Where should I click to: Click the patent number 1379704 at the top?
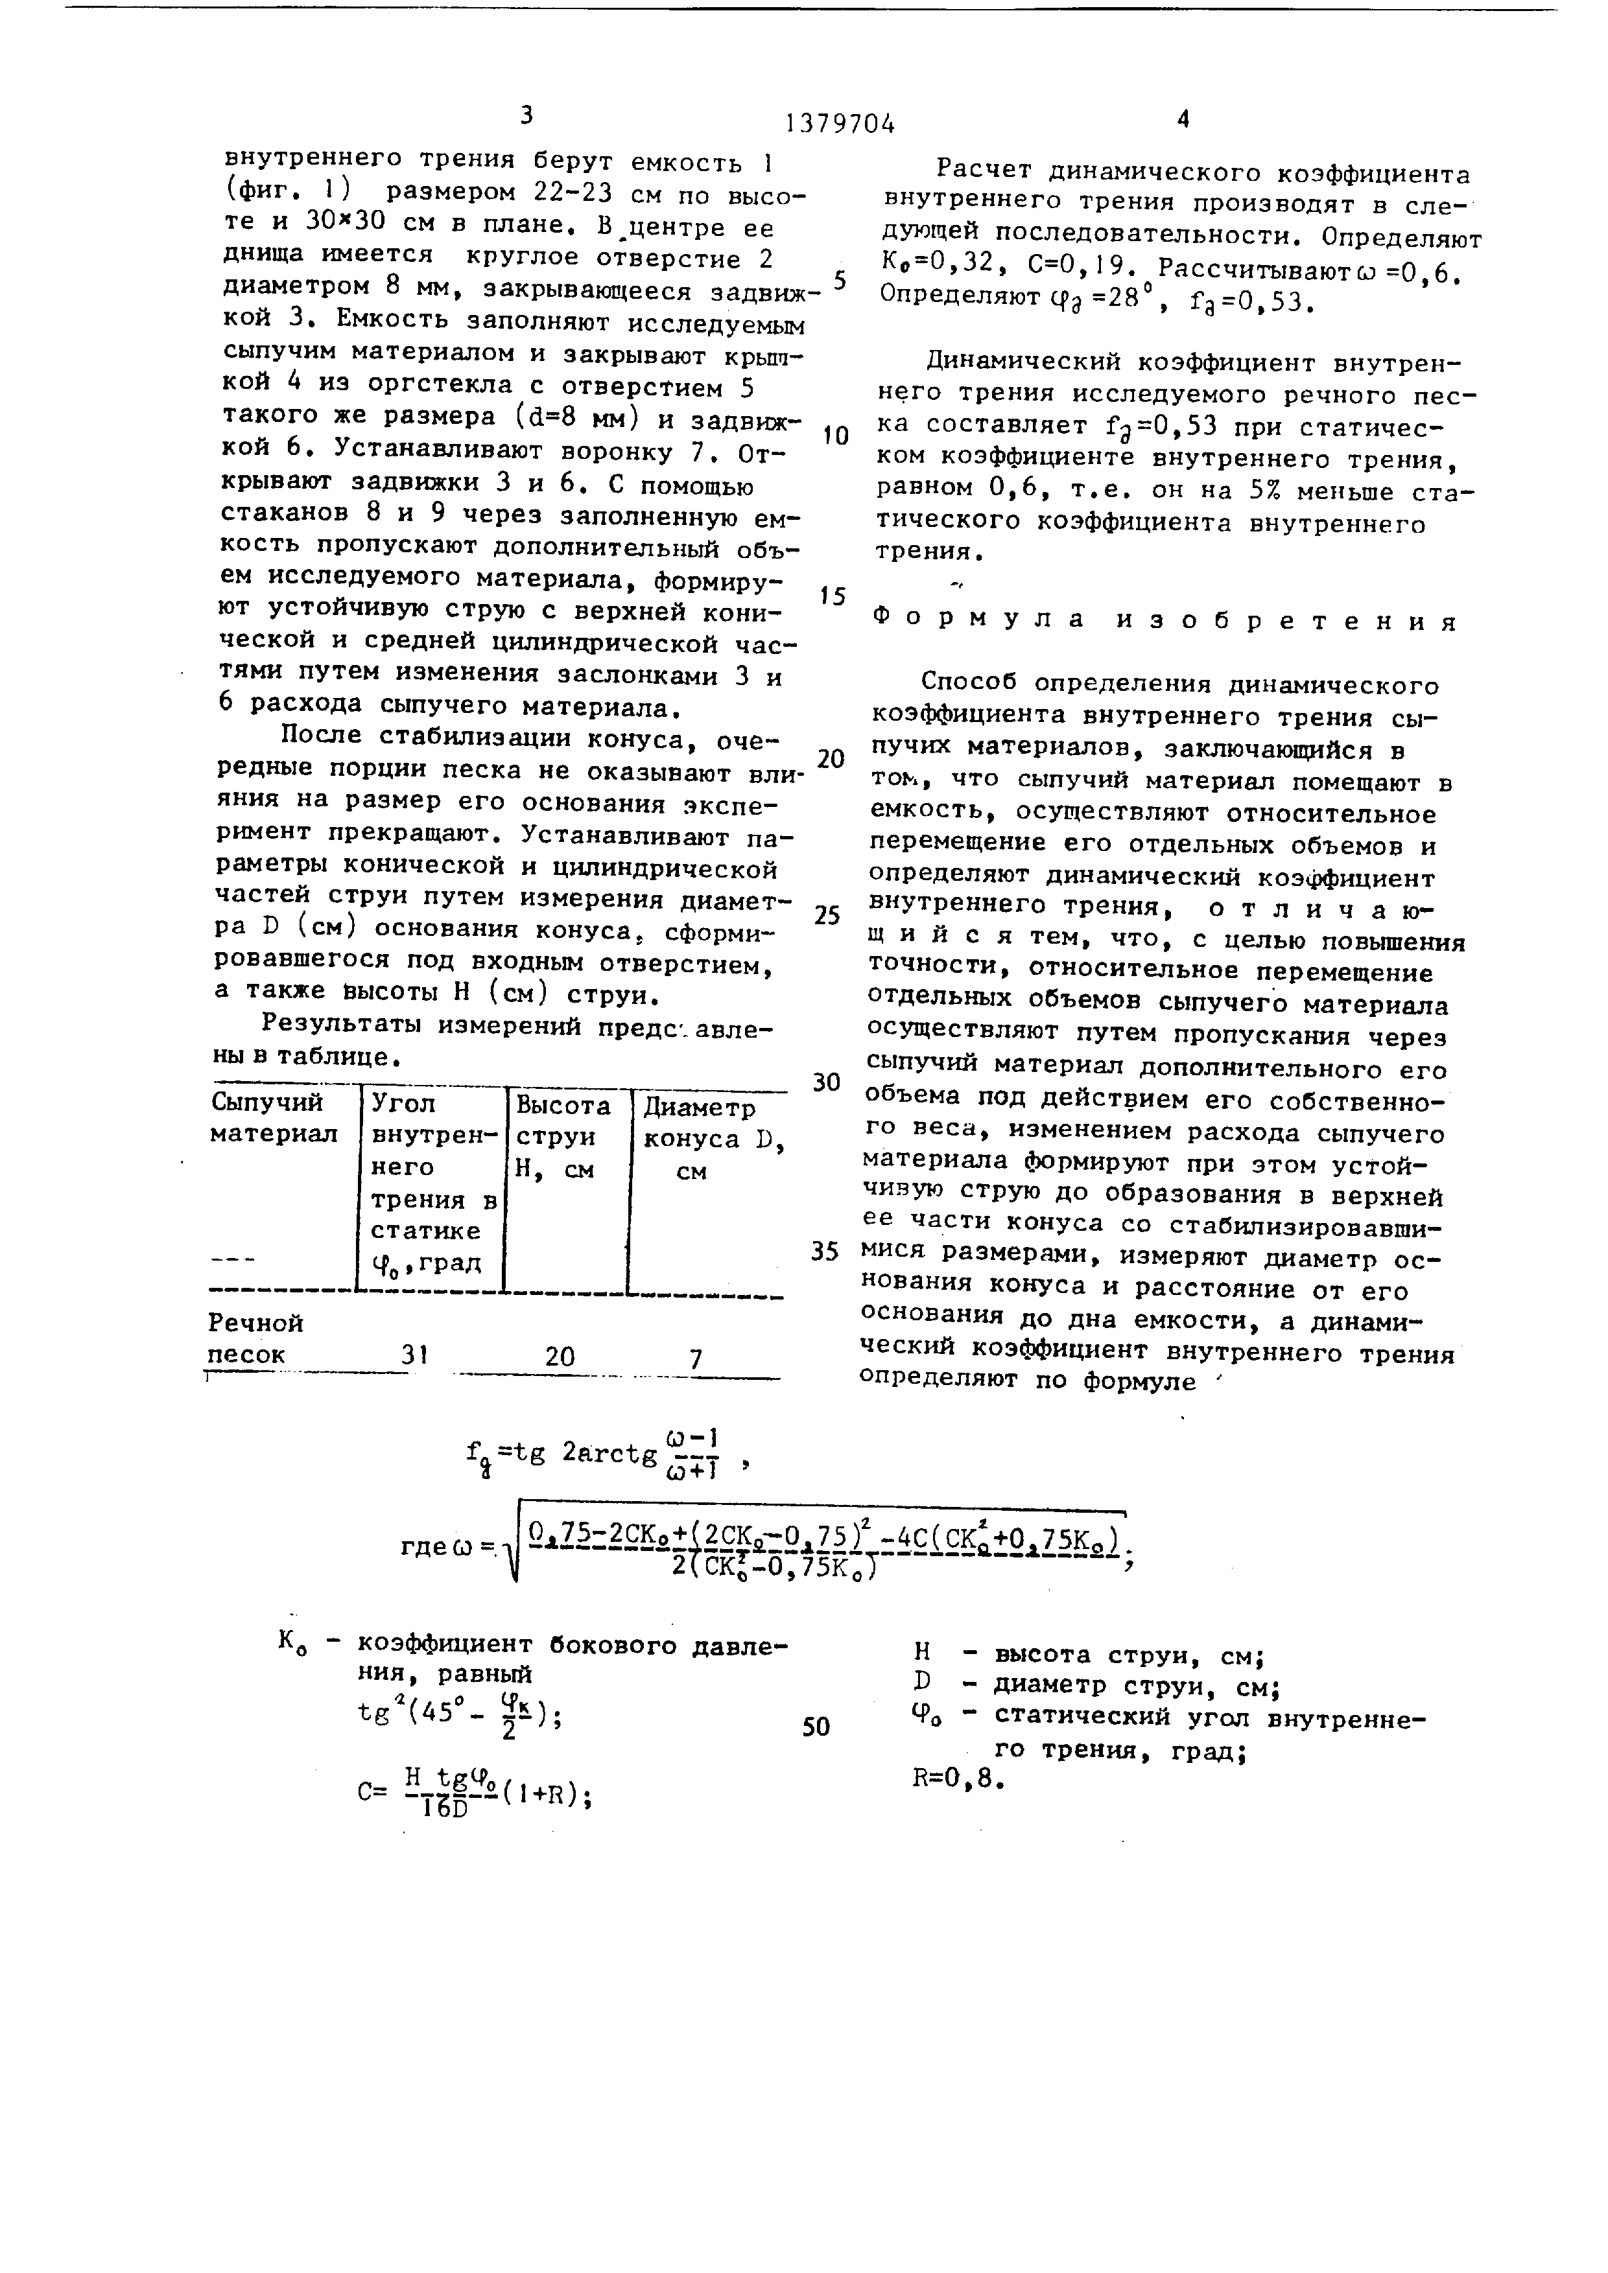pyautogui.click(x=840, y=124)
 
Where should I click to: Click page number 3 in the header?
pyautogui.click(x=526, y=116)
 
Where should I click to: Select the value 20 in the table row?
pyautogui.click(x=560, y=1357)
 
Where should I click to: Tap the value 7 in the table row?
pyautogui.click(x=696, y=1358)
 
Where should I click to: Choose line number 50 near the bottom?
pyautogui.click(x=816, y=1727)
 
